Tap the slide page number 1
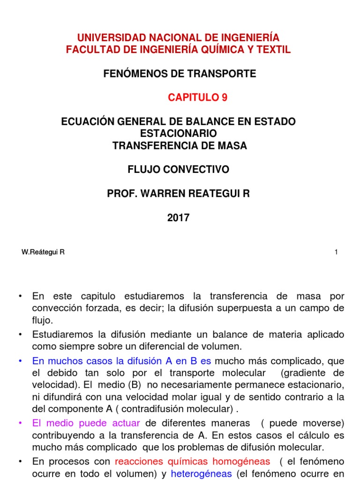point(336,252)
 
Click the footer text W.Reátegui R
point(43,252)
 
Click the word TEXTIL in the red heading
point(273,50)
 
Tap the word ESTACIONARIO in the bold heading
point(179,134)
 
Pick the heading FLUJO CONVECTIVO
point(179,170)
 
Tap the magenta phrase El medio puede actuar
point(86,423)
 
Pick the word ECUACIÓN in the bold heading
point(89,121)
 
